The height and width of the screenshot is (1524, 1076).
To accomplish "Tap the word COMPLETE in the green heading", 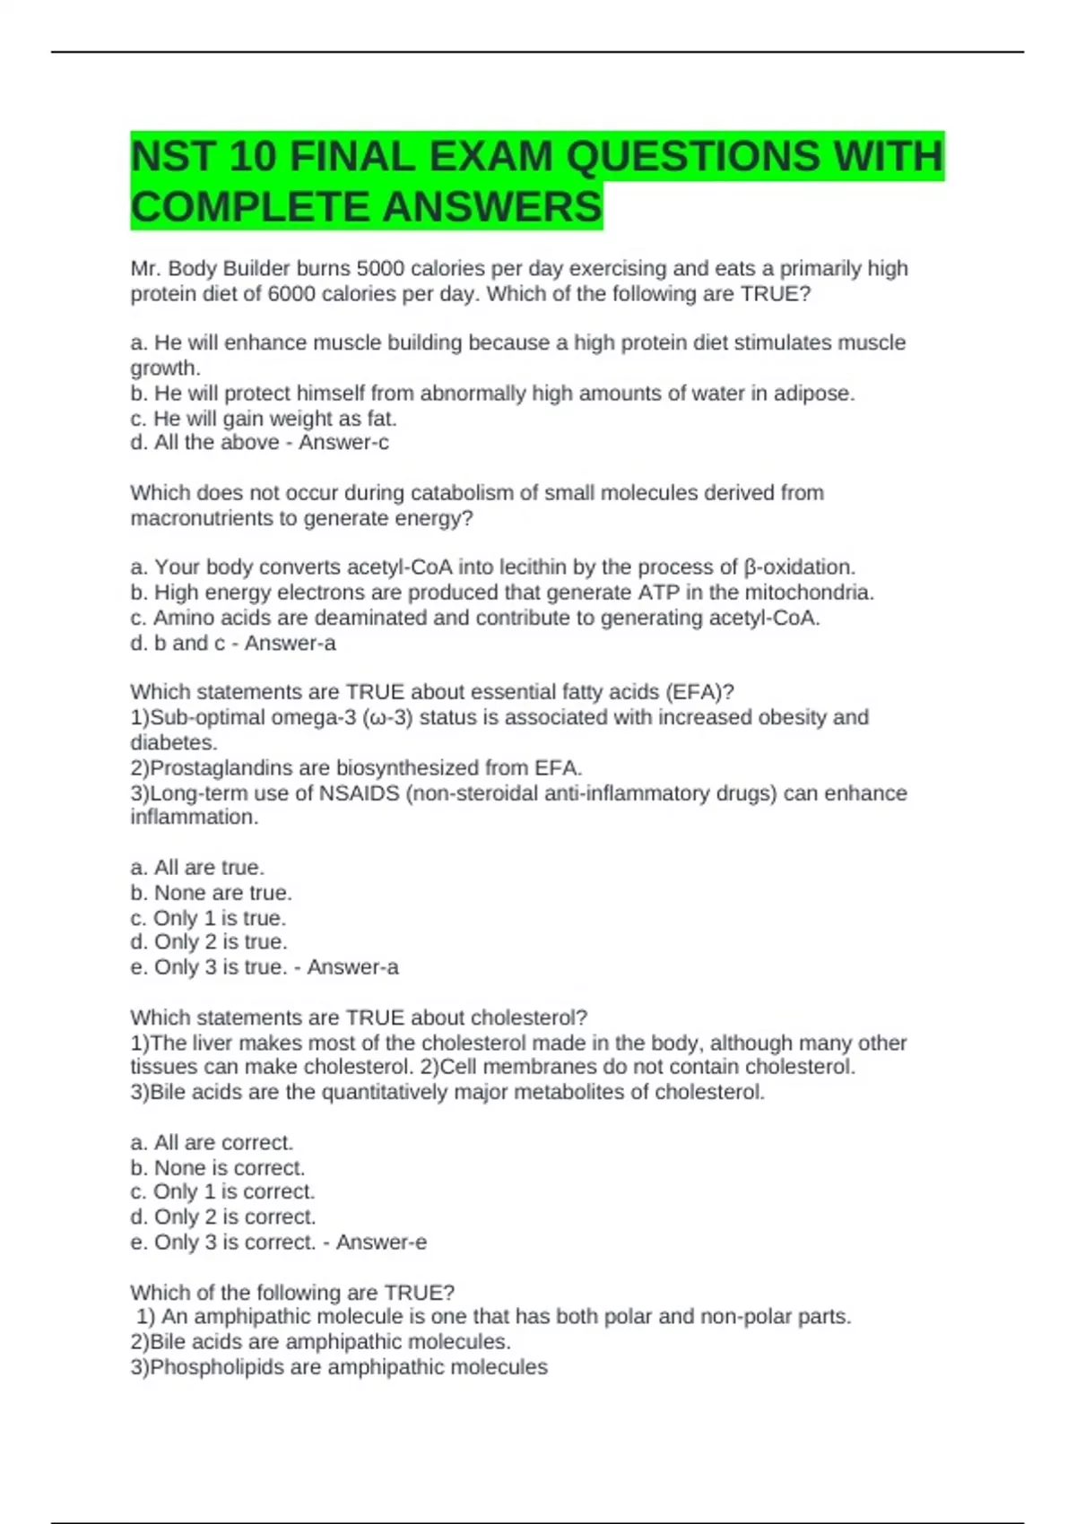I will point(248,207).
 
